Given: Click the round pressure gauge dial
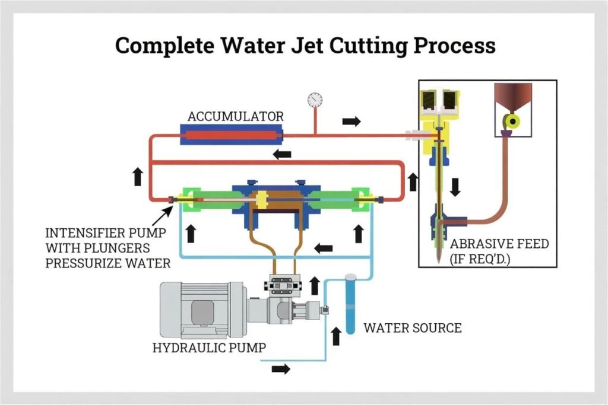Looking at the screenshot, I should (x=315, y=99).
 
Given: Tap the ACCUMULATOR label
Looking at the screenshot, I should (x=235, y=116).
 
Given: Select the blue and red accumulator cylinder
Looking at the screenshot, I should (x=231, y=135).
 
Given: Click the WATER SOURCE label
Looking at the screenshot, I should (x=412, y=327).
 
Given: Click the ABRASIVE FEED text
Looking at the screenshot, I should (x=499, y=244).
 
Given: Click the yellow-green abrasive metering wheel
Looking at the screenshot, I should (x=510, y=122).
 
